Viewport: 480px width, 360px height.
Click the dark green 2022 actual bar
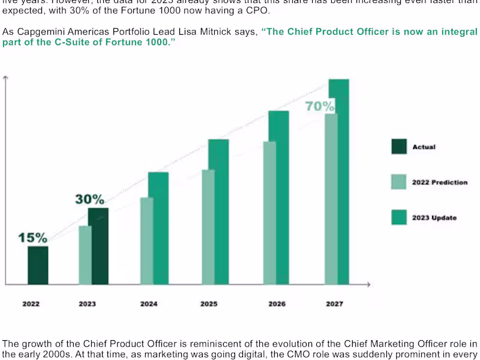38,265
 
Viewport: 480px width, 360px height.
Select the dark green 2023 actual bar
100,246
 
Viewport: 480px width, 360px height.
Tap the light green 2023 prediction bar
85,255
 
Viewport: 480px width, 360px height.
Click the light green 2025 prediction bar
208,227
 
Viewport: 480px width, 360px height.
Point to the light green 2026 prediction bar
269,213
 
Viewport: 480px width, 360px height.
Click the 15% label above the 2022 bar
32,238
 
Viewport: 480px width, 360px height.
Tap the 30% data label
89,199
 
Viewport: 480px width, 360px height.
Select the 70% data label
320,106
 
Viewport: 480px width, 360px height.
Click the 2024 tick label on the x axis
149,304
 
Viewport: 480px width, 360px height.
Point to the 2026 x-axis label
277,304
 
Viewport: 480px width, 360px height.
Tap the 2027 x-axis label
334,304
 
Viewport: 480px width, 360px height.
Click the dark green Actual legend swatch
399,147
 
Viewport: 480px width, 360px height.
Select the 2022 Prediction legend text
439,182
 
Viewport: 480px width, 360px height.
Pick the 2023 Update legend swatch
399,217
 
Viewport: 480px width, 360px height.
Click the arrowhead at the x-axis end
370,284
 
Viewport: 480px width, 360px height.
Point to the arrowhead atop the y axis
5,79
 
